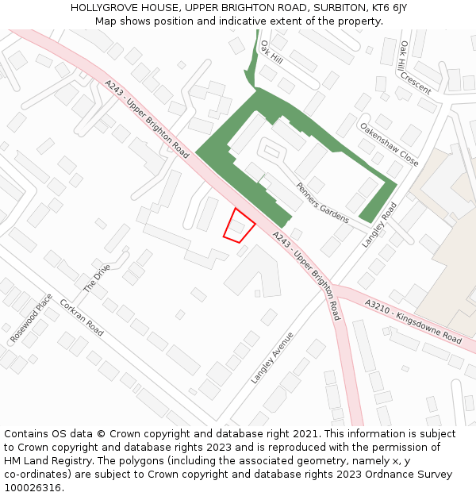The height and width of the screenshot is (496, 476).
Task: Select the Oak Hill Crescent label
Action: click(x=416, y=67)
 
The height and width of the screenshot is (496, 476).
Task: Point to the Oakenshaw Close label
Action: click(x=389, y=144)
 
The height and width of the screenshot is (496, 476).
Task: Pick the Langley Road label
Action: click(x=379, y=225)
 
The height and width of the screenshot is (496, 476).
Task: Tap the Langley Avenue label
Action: click(x=272, y=358)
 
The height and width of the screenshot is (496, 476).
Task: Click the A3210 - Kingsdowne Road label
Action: click(x=413, y=321)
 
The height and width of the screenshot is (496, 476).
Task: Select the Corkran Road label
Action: click(x=82, y=317)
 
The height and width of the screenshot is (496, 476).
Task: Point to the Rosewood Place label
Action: click(x=31, y=318)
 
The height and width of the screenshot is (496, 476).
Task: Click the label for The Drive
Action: click(x=98, y=278)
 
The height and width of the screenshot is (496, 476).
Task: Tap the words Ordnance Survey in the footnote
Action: click(x=413, y=475)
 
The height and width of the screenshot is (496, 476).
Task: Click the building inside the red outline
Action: click(x=236, y=227)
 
